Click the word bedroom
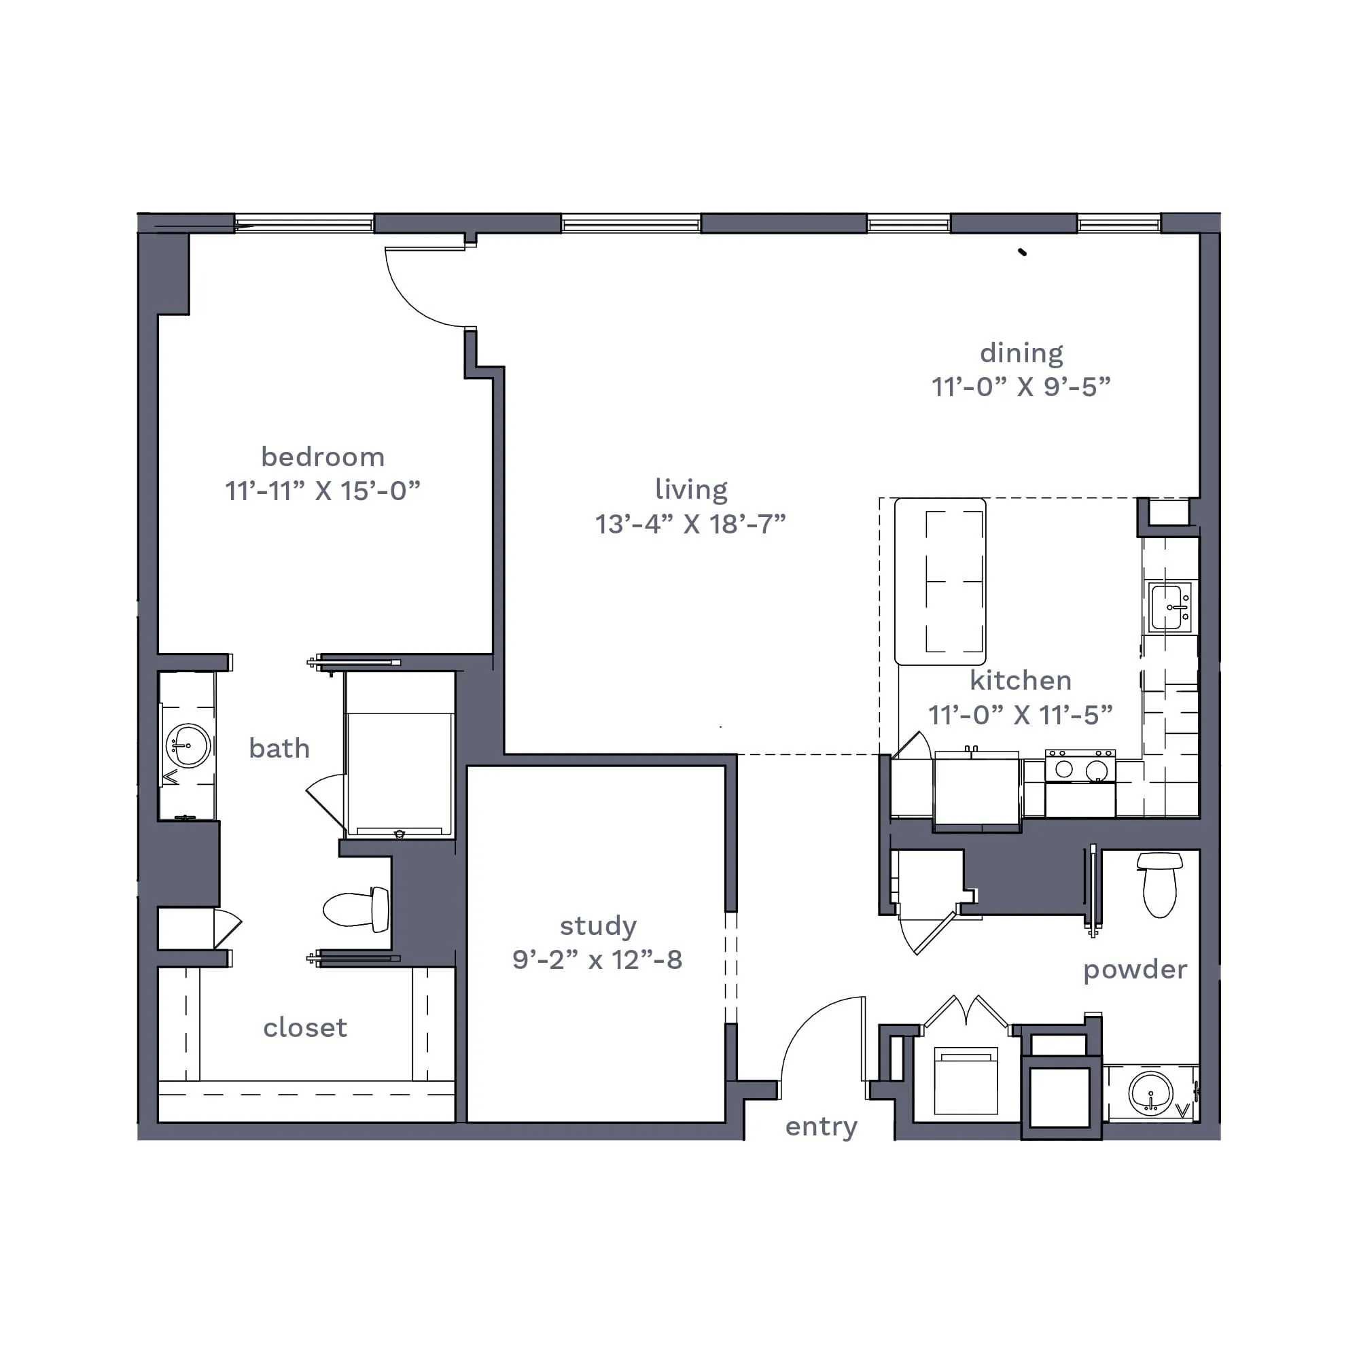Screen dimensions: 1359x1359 pyautogui.click(x=323, y=458)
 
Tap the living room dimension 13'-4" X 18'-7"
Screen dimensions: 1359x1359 pyautogui.click(x=690, y=524)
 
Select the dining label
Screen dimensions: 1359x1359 pyautogui.click(x=1021, y=354)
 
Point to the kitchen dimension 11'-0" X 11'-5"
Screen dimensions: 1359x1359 pyautogui.click(x=1021, y=716)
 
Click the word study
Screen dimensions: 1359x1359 pyautogui.click(x=598, y=926)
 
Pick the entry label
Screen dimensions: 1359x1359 pyautogui.click(x=822, y=1127)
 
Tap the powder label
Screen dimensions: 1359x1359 pyautogui.click(x=1135, y=970)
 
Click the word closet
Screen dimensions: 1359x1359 pyautogui.click(x=305, y=1027)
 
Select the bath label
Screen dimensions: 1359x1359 pyautogui.click(x=279, y=748)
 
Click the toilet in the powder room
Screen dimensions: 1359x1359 pyautogui.click(x=1159, y=884)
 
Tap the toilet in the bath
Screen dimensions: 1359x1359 pyautogui.click(x=356, y=908)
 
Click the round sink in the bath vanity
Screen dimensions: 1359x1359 pyautogui.click(x=188, y=745)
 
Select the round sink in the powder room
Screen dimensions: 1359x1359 pyautogui.click(x=1151, y=1093)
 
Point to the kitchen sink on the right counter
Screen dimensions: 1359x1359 pyautogui.click(x=1169, y=606)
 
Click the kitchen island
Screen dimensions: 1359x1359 pyautogui.click(x=940, y=581)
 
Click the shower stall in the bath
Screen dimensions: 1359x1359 pyautogui.click(x=400, y=755)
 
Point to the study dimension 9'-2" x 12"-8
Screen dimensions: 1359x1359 pyautogui.click(x=597, y=960)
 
